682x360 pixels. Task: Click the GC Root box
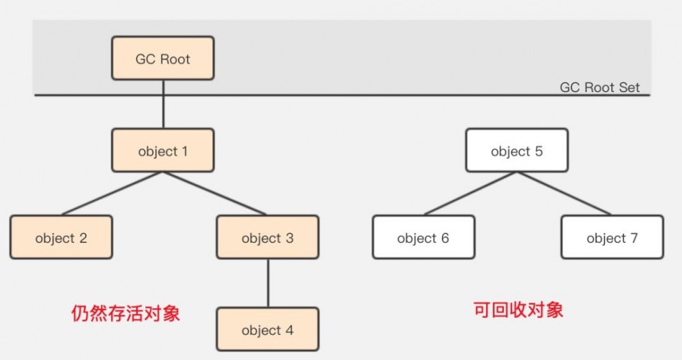163,59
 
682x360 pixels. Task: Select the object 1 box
163,151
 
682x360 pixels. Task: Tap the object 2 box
61,237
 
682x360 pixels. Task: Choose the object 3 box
267,237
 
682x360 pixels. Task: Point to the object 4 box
267,330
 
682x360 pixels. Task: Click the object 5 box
517,151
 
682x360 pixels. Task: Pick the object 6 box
423,237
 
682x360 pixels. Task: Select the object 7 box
612,237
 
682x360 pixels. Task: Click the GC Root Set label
600,88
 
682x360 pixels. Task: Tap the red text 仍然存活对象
126,313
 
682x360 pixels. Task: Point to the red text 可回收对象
518,310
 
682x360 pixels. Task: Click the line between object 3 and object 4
267,283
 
